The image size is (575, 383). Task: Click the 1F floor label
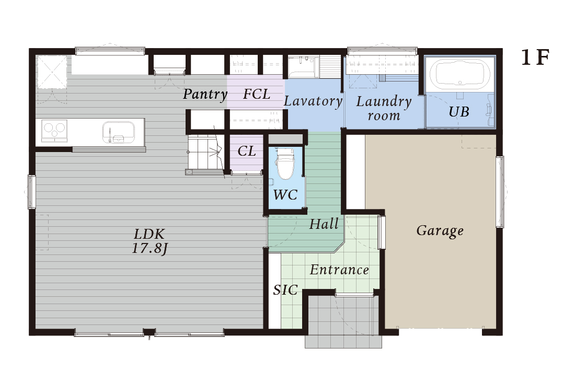(535, 57)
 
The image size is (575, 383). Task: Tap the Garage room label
(440, 231)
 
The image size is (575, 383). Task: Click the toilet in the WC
(285, 163)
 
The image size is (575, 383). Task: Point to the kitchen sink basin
(119, 132)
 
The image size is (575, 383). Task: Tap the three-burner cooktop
(54, 131)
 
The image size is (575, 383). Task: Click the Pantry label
(205, 95)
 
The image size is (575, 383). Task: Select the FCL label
(257, 94)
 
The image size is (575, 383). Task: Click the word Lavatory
(313, 101)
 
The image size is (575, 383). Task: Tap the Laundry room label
(384, 108)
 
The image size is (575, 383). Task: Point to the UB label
(459, 111)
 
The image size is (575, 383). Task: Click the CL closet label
(246, 151)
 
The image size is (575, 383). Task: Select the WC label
(285, 194)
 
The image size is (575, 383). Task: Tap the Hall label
(324, 224)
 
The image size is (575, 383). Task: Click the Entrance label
(339, 270)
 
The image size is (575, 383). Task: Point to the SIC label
(285, 291)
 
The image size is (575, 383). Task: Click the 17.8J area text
(149, 249)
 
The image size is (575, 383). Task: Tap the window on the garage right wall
(500, 192)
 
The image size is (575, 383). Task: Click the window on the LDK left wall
(32, 192)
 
